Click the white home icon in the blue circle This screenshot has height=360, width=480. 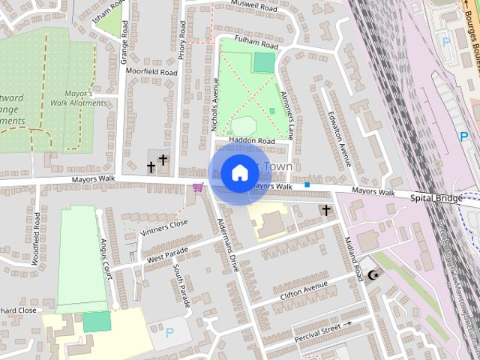tap(239, 173)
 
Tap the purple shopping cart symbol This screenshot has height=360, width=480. tap(198, 187)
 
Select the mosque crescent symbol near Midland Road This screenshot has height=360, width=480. tap(373, 275)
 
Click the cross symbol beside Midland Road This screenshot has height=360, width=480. tap(326, 211)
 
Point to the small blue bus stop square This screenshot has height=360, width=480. tap(307, 184)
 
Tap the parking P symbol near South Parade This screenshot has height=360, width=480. tap(169, 331)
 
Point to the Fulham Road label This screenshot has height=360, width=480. tap(254, 45)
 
